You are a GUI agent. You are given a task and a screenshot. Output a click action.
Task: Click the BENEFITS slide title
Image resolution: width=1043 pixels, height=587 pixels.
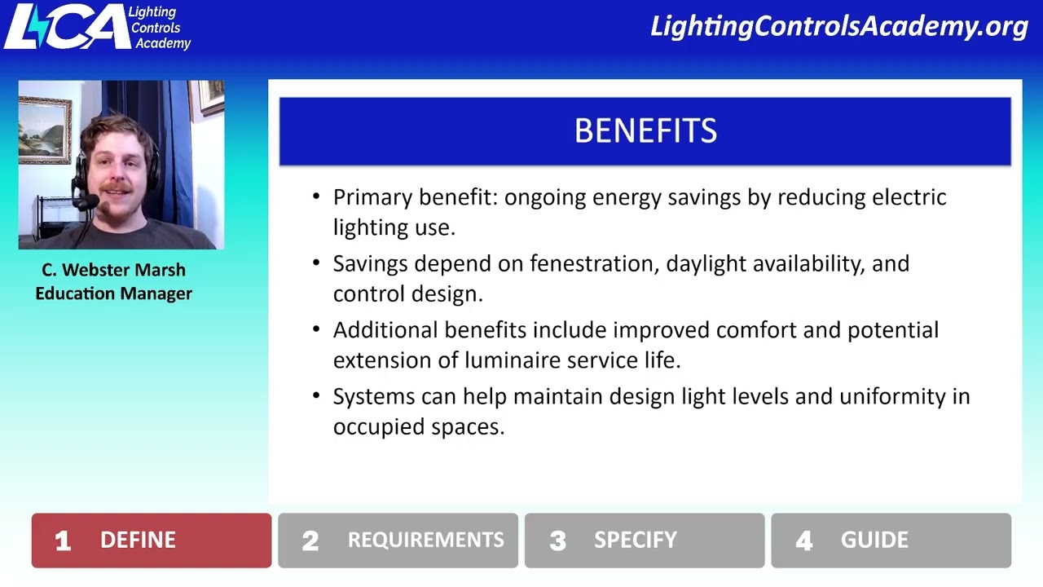click(x=645, y=131)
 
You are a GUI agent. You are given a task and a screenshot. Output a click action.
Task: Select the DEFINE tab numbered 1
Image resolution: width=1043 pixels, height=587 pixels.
click(x=152, y=541)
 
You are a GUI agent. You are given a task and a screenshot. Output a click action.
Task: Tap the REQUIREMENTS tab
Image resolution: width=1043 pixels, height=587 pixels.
click(x=398, y=541)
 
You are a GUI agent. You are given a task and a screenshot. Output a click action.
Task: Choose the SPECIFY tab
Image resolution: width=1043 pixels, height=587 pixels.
click(x=644, y=541)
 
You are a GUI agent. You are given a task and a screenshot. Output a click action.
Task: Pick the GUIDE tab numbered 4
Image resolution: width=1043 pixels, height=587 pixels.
click(x=891, y=541)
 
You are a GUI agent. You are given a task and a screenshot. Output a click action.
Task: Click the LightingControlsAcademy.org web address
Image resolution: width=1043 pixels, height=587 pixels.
click(x=839, y=27)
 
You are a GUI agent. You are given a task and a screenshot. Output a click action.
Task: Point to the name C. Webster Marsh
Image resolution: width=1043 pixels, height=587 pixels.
click(x=113, y=270)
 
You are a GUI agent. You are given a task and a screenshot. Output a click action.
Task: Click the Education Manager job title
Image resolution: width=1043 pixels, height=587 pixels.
click(x=113, y=293)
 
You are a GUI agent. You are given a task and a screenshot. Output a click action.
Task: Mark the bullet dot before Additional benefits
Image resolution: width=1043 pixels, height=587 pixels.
click(x=316, y=329)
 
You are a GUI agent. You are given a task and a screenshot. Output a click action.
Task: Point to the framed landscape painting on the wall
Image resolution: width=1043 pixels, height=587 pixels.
click(x=44, y=130)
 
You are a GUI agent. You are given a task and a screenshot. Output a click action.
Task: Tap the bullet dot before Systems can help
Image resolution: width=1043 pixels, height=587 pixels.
click(x=316, y=396)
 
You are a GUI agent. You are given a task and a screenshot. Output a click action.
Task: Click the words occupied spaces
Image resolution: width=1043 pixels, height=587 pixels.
click(x=418, y=427)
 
